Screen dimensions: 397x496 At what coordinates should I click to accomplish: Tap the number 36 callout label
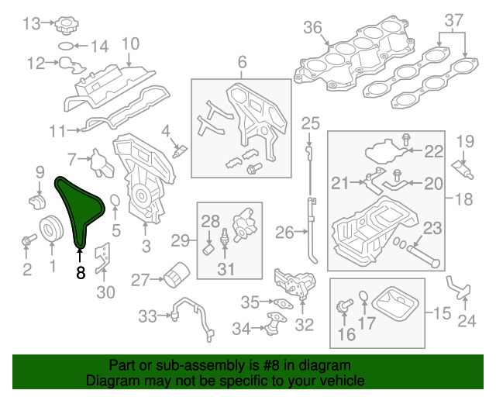click(312, 29)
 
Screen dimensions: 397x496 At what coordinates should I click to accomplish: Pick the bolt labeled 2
click(29, 242)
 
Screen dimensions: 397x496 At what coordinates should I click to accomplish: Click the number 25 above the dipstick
click(310, 123)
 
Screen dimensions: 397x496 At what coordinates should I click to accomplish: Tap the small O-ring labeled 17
click(363, 295)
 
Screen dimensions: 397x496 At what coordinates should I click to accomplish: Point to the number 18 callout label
click(463, 199)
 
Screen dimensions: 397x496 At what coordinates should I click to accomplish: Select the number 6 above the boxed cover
click(241, 61)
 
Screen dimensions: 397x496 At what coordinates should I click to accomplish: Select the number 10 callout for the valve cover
click(130, 44)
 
